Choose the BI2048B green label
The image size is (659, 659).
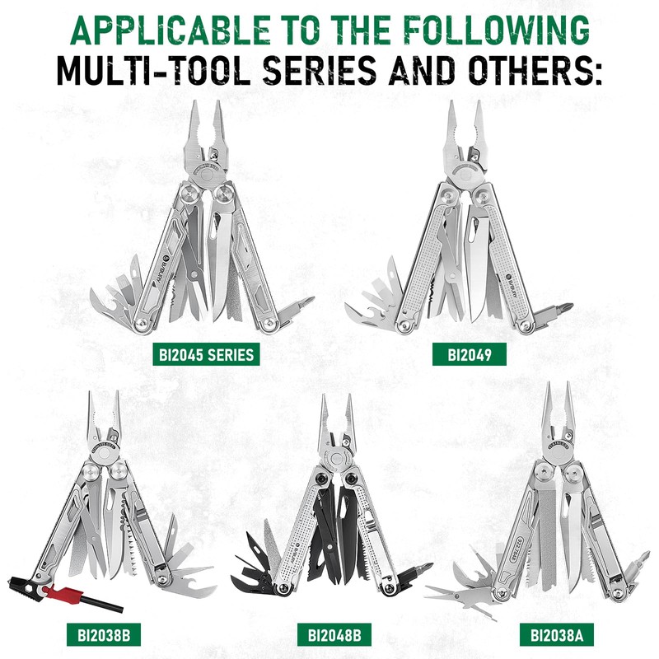click(x=334, y=635)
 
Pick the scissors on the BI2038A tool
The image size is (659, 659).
click(x=461, y=591)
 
